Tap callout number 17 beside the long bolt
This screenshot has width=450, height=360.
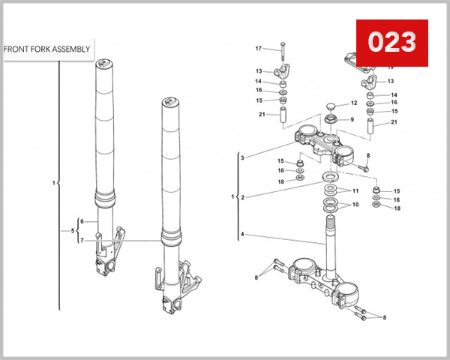point(259,49)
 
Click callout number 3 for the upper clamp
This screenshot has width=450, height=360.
point(242,158)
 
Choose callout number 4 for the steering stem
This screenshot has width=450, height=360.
point(242,235)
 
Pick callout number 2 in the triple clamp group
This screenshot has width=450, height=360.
point(242,197)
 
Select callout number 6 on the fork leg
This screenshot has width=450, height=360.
point(82,221)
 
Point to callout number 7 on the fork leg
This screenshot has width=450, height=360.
point(82,240)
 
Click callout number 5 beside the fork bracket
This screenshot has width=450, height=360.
point(73,230)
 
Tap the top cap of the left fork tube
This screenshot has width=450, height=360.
point(105,65)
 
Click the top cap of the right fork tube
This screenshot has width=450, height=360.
point(171,102)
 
